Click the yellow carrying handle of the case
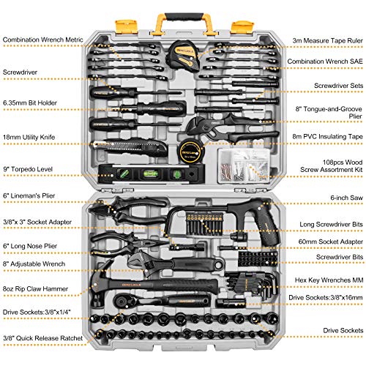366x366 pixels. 183,18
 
